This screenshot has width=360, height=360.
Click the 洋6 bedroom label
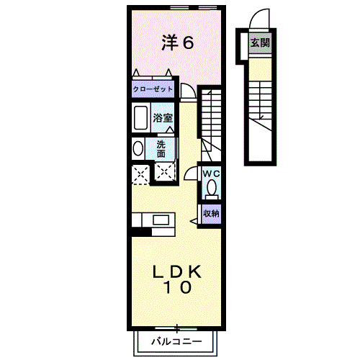177,43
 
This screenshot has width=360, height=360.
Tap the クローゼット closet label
153,90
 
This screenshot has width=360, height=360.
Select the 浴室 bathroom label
163,117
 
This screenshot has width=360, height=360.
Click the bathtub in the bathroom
140,117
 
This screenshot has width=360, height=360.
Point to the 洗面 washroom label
161,148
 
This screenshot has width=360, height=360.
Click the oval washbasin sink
138,149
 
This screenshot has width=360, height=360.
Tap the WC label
211,174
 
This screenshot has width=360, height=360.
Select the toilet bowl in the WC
211,189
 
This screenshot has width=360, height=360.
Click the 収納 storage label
211,212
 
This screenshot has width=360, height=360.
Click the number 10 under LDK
176,289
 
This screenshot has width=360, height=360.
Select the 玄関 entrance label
260,42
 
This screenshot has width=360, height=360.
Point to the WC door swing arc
191,173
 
